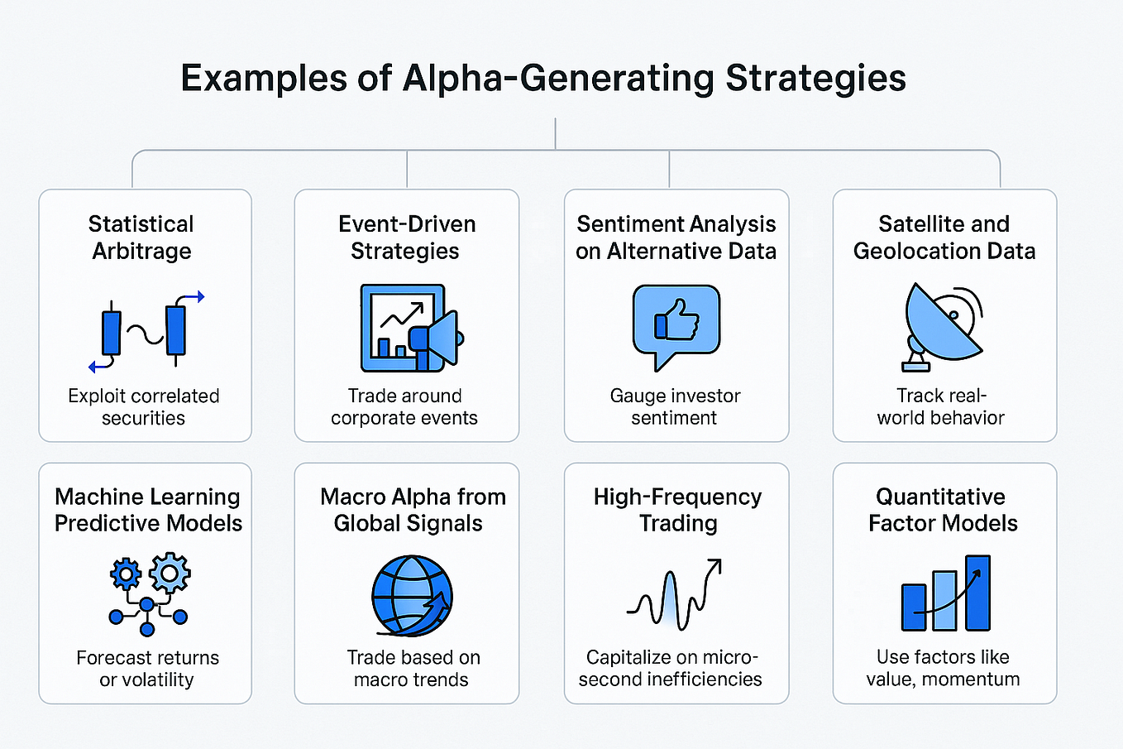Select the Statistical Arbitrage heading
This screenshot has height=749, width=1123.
point(141,238)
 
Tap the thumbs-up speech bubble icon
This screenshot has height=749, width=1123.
point(676,323)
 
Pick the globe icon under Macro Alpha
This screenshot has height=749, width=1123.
point(411,594)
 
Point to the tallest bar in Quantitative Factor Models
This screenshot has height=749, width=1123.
point(977,593)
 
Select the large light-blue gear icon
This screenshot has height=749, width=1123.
point(170,572)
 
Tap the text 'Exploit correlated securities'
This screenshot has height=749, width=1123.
point(144,406)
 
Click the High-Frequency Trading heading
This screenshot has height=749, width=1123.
point(677,510)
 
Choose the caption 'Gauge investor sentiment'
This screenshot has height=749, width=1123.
point(675,406)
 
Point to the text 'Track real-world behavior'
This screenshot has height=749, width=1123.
point(941,406)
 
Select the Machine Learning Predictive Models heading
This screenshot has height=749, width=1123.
point(148,510)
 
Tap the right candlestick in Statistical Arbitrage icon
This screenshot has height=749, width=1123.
point(175,329)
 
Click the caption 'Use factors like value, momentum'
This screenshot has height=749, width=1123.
point(943,668)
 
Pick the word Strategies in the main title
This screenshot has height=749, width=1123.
point(815,79)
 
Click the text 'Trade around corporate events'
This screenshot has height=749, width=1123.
point(404,406)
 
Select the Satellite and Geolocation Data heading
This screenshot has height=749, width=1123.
point(944,238)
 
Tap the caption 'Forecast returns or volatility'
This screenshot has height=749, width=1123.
point(147,669)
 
